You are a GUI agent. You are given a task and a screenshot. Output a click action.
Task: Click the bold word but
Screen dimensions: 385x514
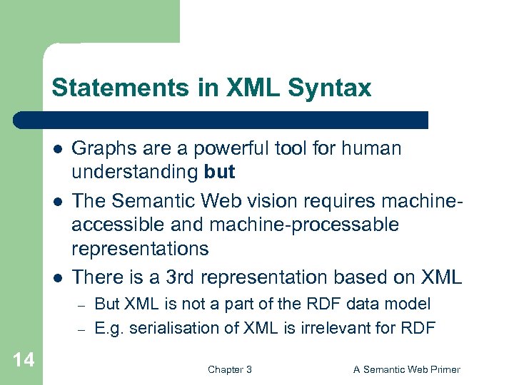tap(219, 172)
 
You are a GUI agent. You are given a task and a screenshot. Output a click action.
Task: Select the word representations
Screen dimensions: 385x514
tap(140, 248)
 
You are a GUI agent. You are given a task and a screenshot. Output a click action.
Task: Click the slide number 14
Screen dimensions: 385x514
tap(23, 359)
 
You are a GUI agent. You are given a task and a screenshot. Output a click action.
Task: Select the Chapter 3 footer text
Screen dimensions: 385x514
tap(229, 369)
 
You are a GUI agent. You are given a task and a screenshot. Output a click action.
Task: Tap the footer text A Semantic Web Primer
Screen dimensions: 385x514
tap(407, 369)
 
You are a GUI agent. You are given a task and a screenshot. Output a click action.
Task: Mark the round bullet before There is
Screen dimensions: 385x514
tap(57, 277)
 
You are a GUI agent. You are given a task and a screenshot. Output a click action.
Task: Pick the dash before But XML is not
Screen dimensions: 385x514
tap(81, 305)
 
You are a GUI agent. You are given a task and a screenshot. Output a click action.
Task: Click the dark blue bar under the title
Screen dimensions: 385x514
tap(221, 119)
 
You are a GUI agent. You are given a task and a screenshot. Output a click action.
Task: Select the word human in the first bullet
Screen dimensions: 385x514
tap(371, 148)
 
